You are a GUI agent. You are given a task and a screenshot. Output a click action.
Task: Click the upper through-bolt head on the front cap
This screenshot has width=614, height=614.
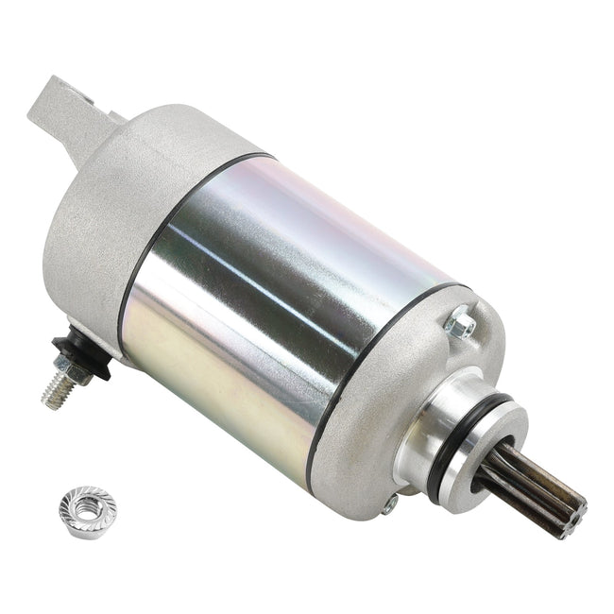(x=461, y=326)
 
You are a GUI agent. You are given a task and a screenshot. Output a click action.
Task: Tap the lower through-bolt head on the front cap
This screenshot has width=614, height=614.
(x=390, y=504)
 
